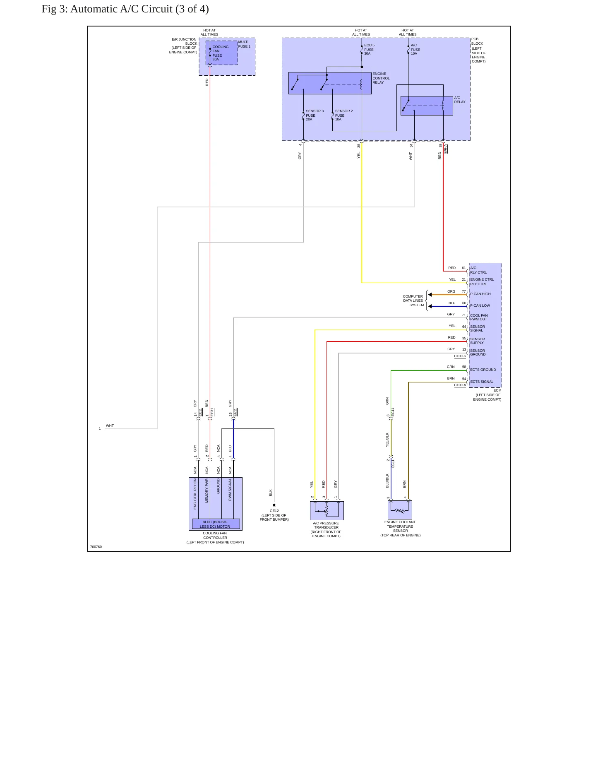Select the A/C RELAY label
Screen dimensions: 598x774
[460, 100]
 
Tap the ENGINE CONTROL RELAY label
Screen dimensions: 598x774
[381, 78]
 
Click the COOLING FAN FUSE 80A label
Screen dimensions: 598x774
[220, 53]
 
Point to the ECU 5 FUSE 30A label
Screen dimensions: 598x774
[369, 49]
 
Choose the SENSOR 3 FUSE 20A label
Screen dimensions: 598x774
[315, 115]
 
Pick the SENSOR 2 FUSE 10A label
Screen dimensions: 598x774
[344, 115]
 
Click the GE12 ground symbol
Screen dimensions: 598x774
[274, 506]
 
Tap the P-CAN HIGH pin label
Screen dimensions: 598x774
[480, 294]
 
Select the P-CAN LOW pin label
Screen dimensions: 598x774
[480, 305]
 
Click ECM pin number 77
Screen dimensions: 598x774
[464, 291]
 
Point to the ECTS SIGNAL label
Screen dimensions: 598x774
[482, 382]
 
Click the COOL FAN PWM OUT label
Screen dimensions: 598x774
[479, 317]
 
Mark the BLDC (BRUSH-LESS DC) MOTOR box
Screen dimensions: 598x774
[216, 524]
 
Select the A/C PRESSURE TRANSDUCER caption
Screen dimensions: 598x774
[326, 530]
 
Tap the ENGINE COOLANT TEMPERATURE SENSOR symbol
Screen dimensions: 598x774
[400, 510]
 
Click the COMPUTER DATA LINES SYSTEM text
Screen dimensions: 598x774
[413, 301]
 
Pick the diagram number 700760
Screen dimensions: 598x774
[96, 547]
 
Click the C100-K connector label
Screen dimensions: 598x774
[460, 356]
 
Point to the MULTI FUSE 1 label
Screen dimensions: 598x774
[244, 44]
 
